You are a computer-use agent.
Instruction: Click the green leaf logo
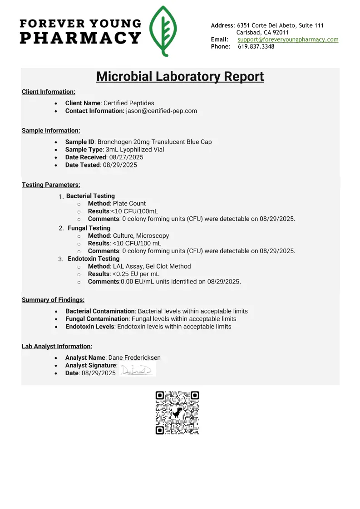(163, 31)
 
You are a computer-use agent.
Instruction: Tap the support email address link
(288, 39)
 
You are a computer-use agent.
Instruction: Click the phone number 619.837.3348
(256, 47)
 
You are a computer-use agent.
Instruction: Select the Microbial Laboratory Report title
(180, 76)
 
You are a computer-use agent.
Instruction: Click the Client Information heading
(49, 92)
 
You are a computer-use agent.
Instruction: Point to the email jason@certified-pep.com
(161, 111)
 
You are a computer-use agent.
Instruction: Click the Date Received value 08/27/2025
(126, 157)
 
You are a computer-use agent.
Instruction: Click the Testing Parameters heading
(51, 185)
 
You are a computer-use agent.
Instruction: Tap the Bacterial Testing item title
(90, 196)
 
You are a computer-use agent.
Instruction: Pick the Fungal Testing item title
(89, 228)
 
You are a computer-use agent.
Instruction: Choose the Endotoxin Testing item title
(94, 259)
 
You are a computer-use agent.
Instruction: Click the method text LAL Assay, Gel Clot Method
(152, 266)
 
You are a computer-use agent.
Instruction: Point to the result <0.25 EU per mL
(136, 274)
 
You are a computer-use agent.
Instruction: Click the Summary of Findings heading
(53, 300)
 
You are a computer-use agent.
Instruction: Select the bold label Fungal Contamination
(97, 319)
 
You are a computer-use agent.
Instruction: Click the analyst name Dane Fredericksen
(134, 357)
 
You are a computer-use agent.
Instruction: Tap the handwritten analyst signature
(137, 370)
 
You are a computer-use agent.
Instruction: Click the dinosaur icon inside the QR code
(178, 412)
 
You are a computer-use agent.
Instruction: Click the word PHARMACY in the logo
(80, 38)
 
